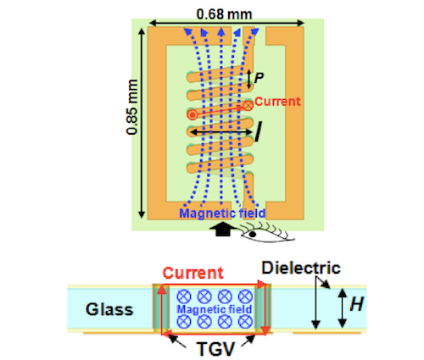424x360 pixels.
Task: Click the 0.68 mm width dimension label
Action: tap(224, 14)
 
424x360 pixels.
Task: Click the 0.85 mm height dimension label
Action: tap(132, 108)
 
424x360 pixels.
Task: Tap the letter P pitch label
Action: tap(259, 78)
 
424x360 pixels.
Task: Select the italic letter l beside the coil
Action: tap(258, 131)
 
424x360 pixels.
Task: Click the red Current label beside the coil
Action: tap(277, 102)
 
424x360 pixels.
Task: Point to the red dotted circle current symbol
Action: tap(192, 114)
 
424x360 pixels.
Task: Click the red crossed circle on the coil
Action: tap(248, 106)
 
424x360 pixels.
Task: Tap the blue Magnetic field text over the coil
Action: tap(222, 213)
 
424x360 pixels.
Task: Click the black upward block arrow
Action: tap(223, 229)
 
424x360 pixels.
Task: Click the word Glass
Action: tap(109, 309)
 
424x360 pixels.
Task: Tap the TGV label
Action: tap(215, 349)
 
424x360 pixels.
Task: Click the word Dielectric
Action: tap(301, 268)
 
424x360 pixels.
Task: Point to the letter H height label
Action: tap(356, 304)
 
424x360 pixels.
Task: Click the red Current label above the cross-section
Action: tap(192, 273)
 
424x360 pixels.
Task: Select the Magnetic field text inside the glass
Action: tap(215, 309)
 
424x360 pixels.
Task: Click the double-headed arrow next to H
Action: tap(343, 308)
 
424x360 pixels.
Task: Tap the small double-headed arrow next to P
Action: tap(249, 80)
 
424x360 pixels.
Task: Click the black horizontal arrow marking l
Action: tap(221, 132)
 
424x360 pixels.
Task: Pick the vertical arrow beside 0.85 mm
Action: tap(142, 123)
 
